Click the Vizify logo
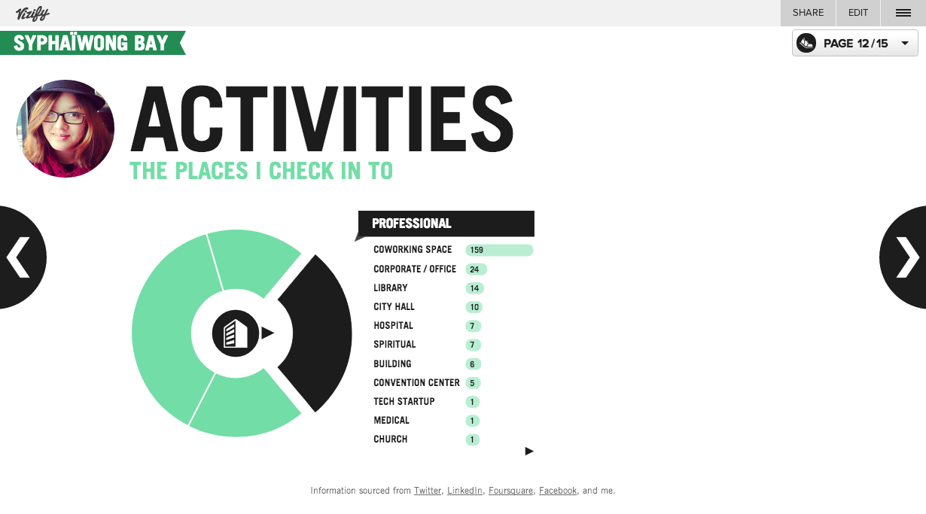coord(32,14)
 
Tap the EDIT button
coord(858,13)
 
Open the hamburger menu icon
coord(903,13)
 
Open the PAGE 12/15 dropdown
coord(855,43)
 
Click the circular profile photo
coord(65,129)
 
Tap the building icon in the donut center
coord(236,333)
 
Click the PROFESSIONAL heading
coord(411,224)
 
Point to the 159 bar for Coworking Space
coord(499,250)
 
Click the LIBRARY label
coord(390,288)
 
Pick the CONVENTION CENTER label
coord(416,382)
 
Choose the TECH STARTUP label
coord(404,402)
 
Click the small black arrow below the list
coord(529,452)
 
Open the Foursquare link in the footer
coord(510,491)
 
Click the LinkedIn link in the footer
coord(465,491)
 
